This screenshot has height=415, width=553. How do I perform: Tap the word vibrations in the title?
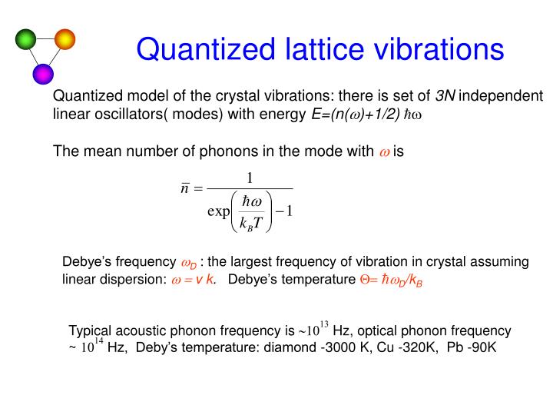[x=436, y=49]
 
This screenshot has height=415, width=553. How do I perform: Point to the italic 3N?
[x=445, y=96]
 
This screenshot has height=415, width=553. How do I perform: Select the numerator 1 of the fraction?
[x=250, y=178]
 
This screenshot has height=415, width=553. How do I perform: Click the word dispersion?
[x=134, y=279]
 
